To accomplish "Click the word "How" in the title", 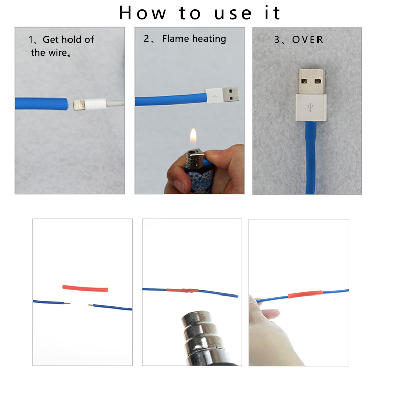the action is (x=143, y=13).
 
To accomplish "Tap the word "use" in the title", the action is (x=233, y=14).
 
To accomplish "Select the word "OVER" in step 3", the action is (x=308, y=40).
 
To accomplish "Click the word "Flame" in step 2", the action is (x=175, y=39).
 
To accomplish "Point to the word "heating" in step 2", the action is (x=209, y=39).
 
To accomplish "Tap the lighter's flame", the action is (x=193, y=135).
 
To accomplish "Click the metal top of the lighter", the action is (x=194, y=158).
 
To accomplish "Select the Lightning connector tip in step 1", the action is (x=79, y=105).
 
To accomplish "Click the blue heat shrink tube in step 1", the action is (x=41, y=104).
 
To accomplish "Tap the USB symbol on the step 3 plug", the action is (x=310, y=107).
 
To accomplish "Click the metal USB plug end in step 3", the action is (x=311, y=81).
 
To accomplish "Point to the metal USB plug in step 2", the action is (x=231, y=95).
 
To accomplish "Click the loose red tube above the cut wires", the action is (x=85, y=288).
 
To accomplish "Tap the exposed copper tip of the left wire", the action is (x=67, y=303).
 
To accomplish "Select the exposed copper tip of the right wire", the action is (x=91, y=305).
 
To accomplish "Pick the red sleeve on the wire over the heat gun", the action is (x=183, y=290).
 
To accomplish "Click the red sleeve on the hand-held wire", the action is (x=305, y=294).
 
